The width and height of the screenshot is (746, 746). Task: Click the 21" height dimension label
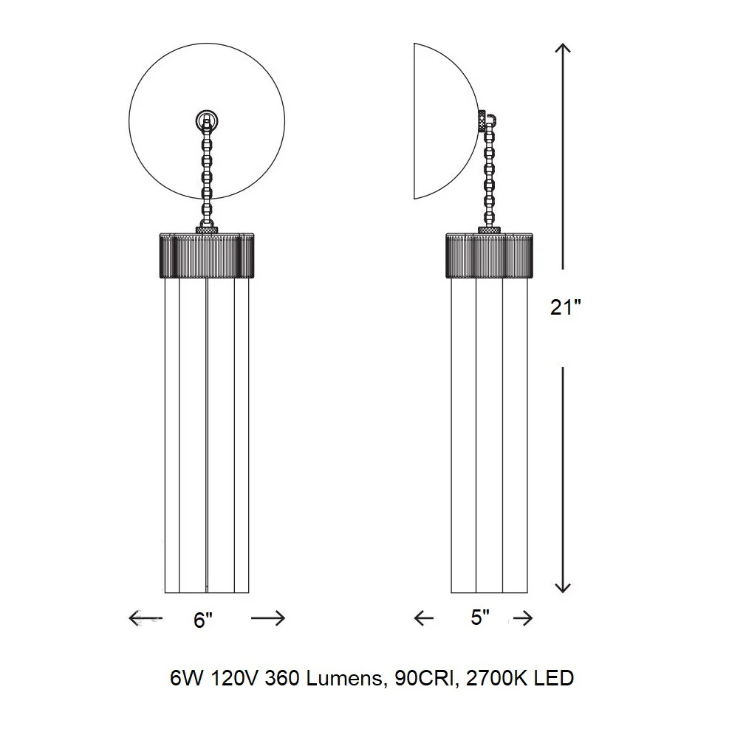[566, 307]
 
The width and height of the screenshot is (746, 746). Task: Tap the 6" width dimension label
[203, 620]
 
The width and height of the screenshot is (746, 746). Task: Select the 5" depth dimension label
[480, 617]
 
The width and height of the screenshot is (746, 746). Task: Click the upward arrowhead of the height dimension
[564, 47]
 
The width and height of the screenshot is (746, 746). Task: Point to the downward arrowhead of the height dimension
[563, 588]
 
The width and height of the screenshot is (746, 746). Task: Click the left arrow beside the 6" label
[146, 618]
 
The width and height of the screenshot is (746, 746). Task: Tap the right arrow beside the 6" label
[268, 618]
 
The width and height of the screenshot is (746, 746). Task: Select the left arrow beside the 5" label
[424, 618]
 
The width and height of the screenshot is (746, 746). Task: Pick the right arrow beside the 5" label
[523, 618]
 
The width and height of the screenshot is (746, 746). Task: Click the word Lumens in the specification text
[344, 679]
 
